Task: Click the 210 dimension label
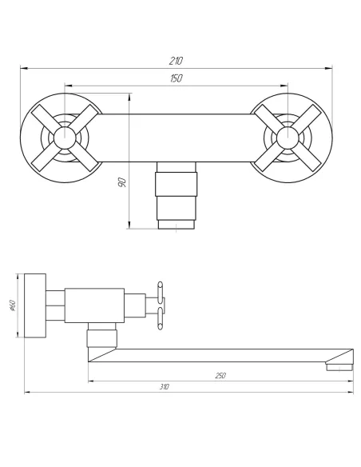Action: pos(176,61)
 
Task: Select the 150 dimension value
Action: pos(177,78)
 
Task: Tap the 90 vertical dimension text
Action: pos(122,182)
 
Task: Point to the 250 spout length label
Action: pos(220,376)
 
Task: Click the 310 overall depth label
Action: pos(165,387)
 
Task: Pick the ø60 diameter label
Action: pos(13,305)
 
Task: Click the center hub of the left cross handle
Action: pos(65,138)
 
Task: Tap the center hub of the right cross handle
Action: pos(288,138)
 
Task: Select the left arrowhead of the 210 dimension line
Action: pos(24,69)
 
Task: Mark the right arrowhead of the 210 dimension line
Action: pos(328,69)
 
